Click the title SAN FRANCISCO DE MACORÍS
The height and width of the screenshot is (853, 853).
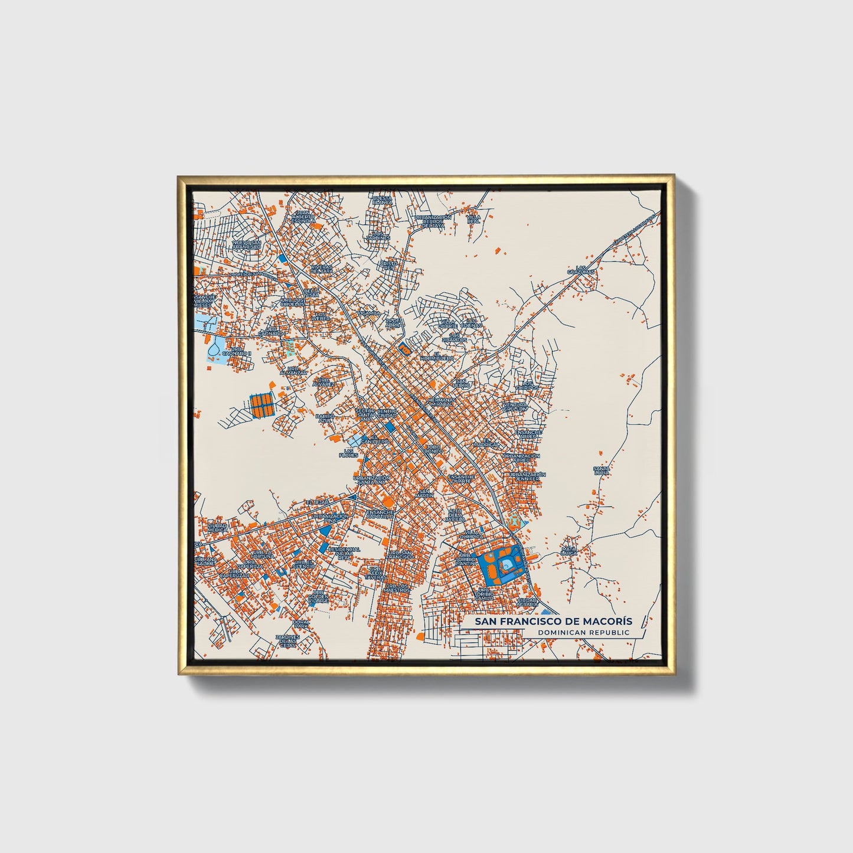548,622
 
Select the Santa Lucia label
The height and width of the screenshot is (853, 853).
601,470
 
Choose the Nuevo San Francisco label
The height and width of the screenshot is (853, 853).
247,244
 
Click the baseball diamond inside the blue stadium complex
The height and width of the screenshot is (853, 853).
506,566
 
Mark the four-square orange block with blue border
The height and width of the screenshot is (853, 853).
262,405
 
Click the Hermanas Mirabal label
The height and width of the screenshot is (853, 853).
441,401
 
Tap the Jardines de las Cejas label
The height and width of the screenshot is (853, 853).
288,640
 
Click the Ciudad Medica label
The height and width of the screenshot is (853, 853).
217,527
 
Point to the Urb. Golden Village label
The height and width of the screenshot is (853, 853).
318,597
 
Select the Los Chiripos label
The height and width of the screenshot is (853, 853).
524,385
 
